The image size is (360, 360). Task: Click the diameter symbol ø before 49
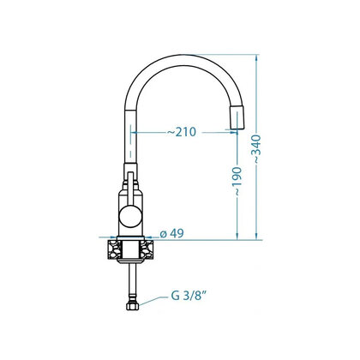[x=162, y=233]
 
